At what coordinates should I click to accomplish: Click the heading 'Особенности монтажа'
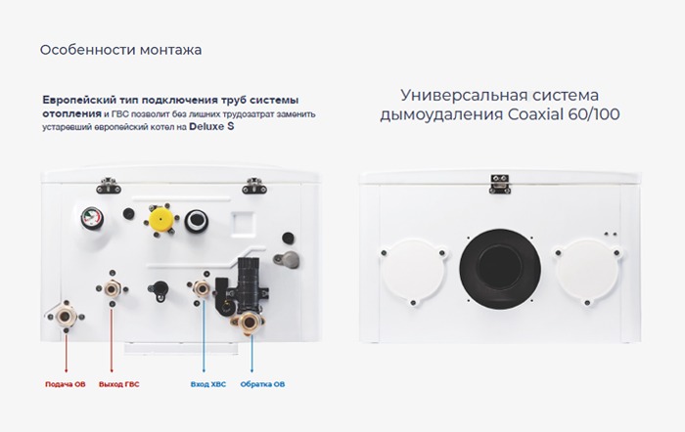(x=121, y=49)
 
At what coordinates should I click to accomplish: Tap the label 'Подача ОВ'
(x=66, y=384)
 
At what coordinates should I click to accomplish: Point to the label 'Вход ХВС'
(x=207, y=384)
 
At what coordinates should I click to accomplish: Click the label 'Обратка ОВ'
(x=265, y=384)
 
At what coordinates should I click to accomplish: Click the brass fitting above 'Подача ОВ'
(x=67, y=317)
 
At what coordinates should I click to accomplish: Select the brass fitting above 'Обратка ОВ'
(x=248, y=324)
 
